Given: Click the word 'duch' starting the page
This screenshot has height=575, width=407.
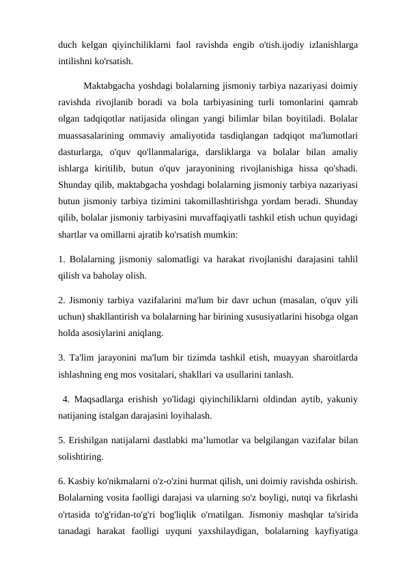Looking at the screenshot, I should coord(68,45).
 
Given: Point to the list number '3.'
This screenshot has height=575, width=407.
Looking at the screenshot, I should coord(62,359).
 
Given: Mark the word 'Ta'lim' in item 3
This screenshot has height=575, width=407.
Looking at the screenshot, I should coord(85,359).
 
